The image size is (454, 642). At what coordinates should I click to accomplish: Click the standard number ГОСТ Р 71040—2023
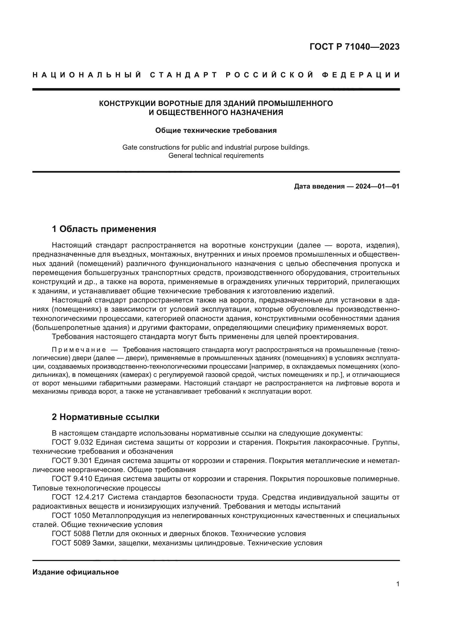(x=354, y=47)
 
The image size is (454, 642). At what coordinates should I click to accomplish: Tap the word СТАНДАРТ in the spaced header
(x=184, y=75)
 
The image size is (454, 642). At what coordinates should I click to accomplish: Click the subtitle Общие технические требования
(x=216, y=131)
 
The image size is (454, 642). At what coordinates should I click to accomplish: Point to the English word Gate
(x=130, y=147)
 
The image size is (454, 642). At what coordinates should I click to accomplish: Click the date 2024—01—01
(x=377, y=186)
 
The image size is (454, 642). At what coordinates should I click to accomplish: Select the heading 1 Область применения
(x=104, y=229)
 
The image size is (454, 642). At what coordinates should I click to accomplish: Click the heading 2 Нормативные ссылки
(x=105, y=417)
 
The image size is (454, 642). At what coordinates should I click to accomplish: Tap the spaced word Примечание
(x=79, y=350)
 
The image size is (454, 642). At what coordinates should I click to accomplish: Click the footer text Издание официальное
(x=75, y=572)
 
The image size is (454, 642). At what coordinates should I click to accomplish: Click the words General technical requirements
(x=216, y=156)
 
